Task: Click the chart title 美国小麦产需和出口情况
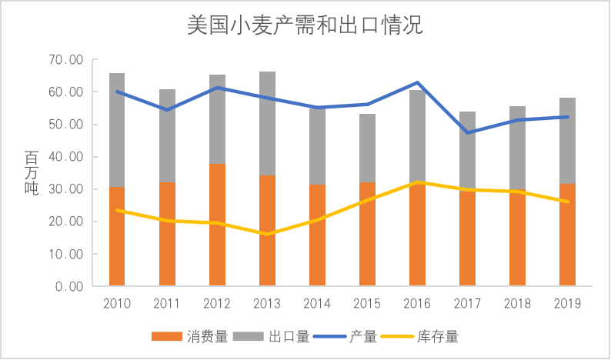click(305, 25)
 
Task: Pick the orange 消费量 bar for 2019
click(567, 235)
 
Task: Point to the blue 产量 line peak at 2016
click(417, 82)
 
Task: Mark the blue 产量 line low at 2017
click(467, 132)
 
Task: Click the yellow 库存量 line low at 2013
click(267, 234)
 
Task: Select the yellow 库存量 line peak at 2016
click(417, 182)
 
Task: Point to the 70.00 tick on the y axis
click(65, 60)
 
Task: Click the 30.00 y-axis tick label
click(65, 189)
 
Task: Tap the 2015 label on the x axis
click(367, 303)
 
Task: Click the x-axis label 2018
click(517, 303)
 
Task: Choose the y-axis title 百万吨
click(32, 173)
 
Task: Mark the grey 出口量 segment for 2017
click(467, 151)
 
